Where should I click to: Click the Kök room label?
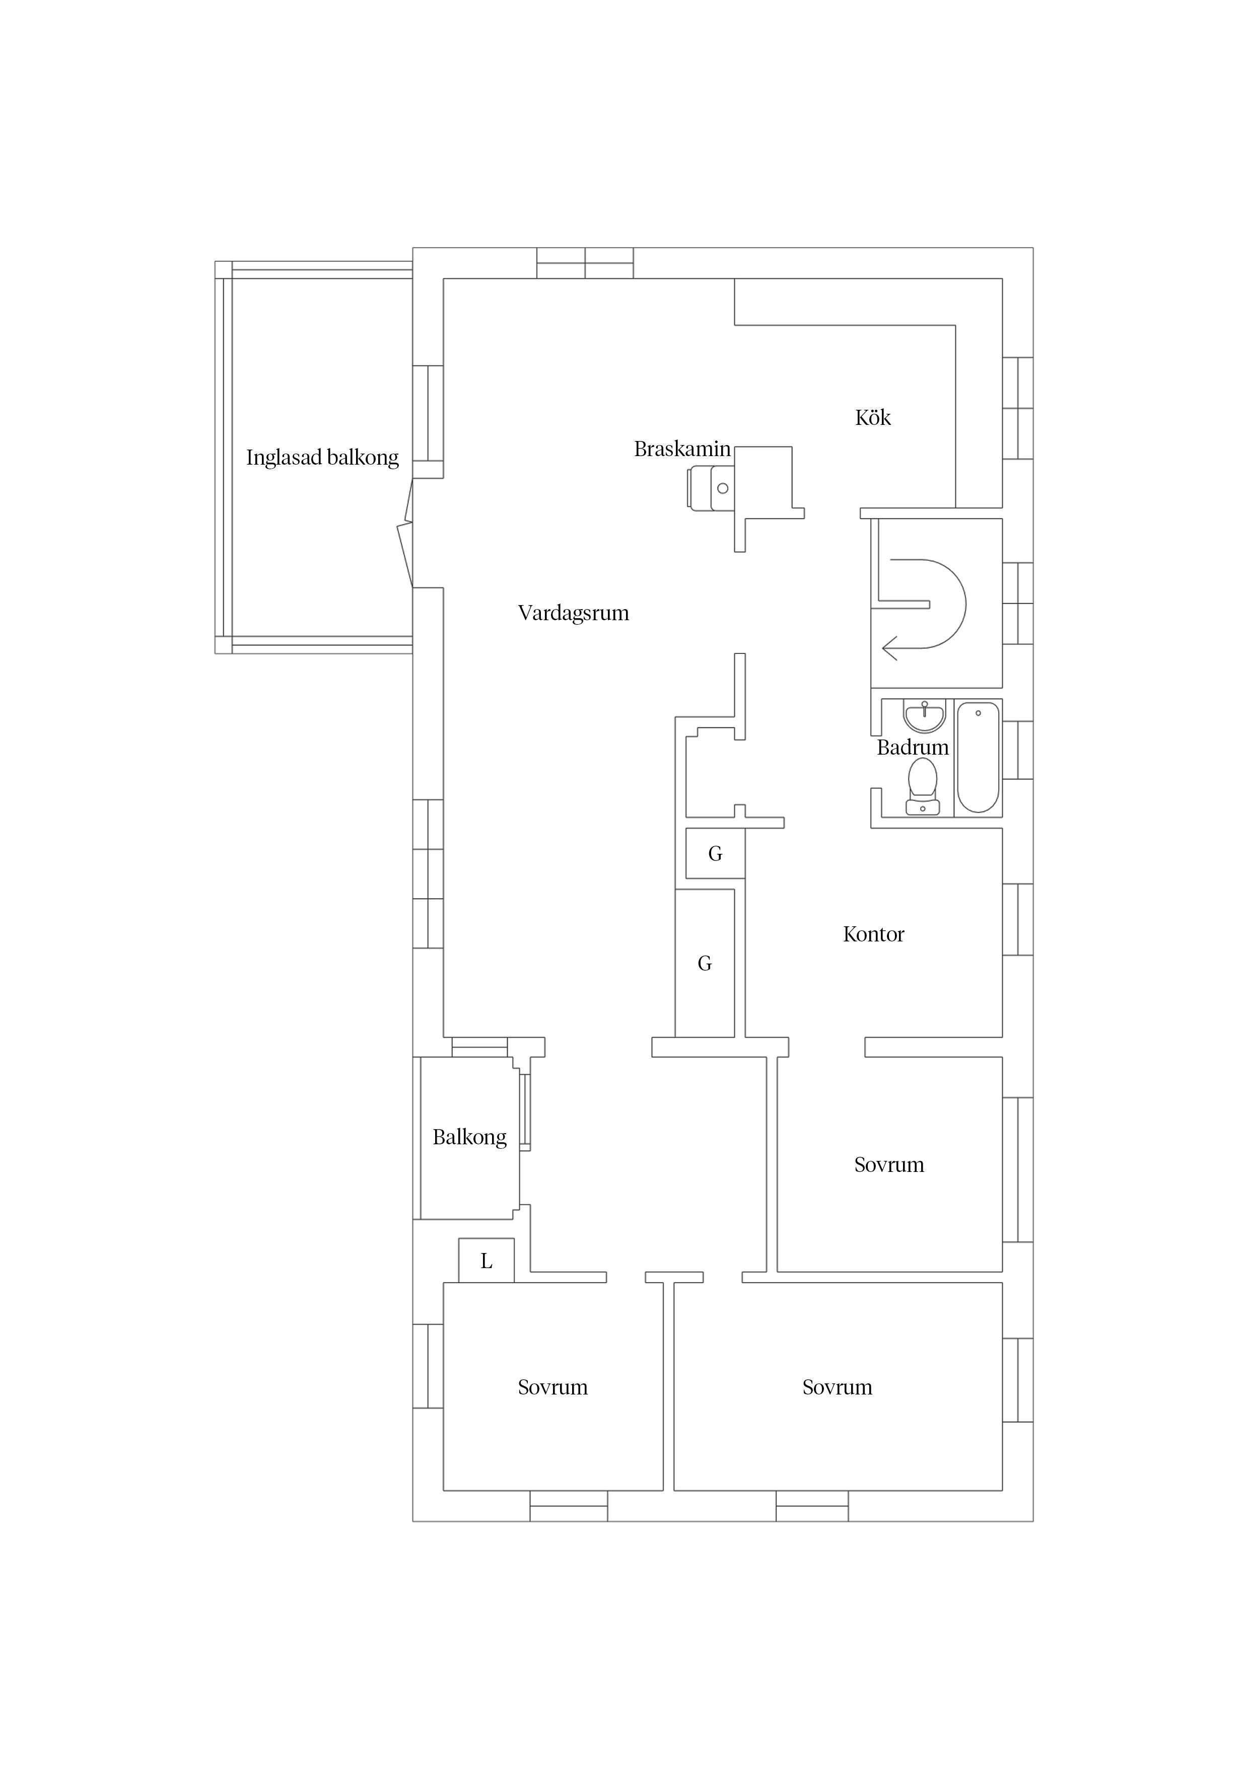pos(873,418)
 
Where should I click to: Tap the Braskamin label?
pos(682,449)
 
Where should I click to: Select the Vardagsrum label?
pos(573,613)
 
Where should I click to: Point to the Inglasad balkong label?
pos(322,458)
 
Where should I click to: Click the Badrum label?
pos(913,748)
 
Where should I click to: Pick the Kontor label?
pos(873,934)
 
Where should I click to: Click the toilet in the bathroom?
pos(923,786)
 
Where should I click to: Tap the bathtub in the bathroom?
pos(978,758)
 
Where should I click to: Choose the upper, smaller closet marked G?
pos(715,854)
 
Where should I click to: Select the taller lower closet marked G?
pos(705,963)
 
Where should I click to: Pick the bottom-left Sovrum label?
pos(552,1387)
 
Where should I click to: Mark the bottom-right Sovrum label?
pos(838,1387)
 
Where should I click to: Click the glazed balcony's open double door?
pos(405,533)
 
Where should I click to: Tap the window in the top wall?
pos(585,263)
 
